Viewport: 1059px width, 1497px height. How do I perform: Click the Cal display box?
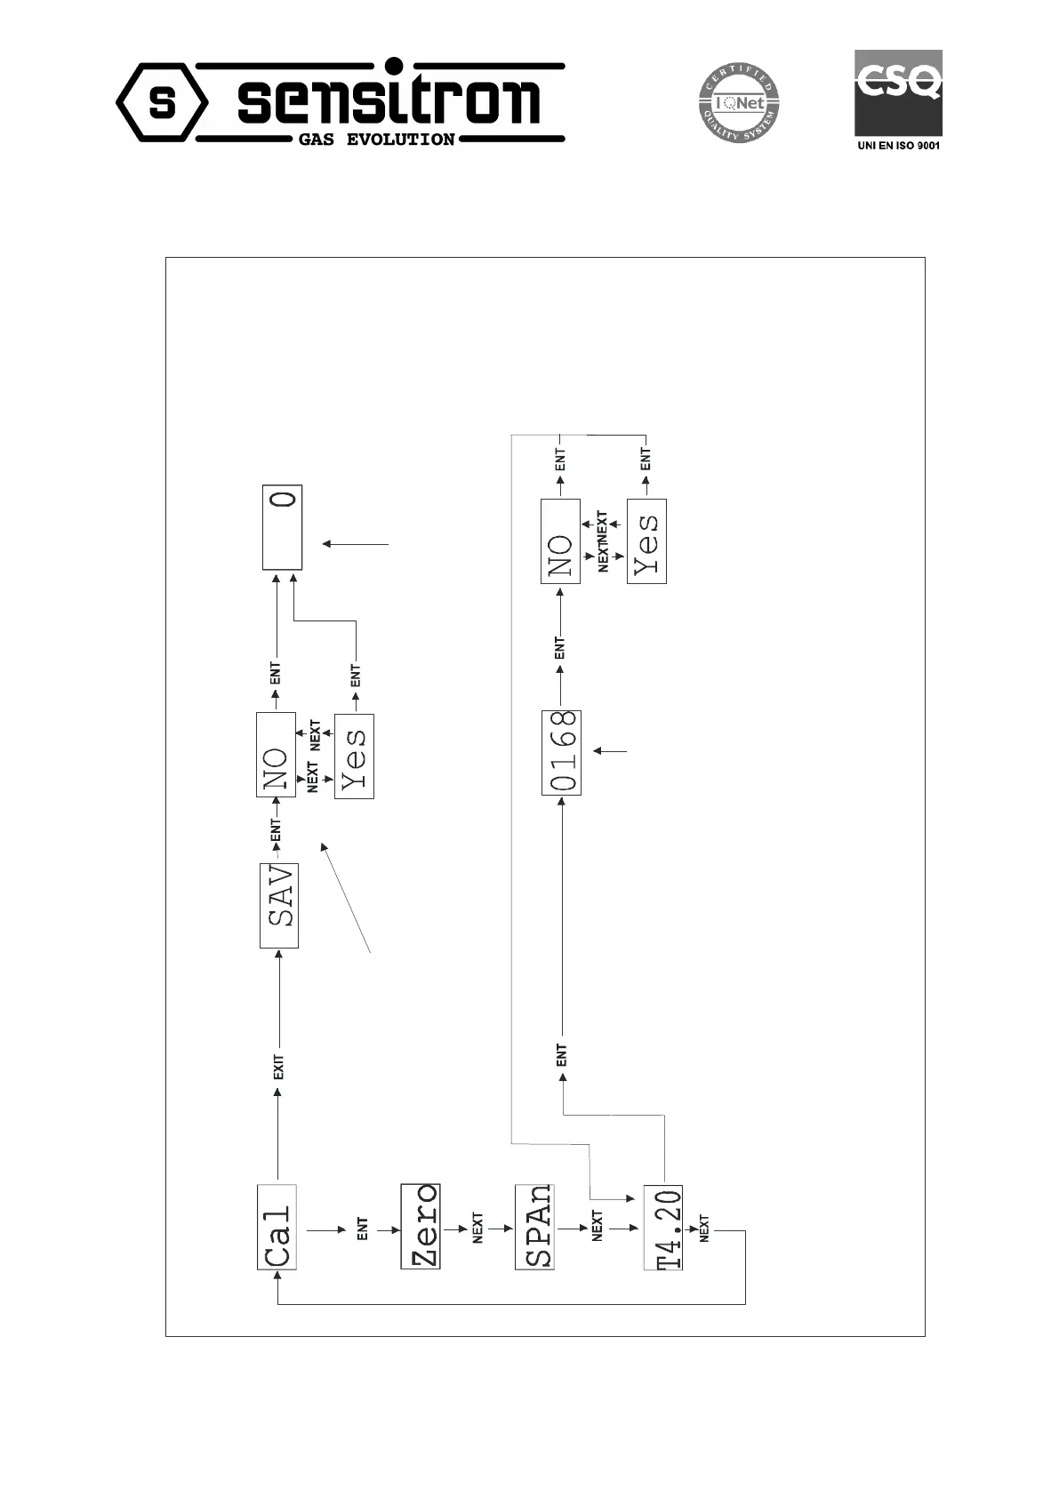[x=277, y=1227]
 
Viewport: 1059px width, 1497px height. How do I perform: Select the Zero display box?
[x=421, y=1226]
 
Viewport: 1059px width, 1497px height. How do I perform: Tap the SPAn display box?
[x=534, y=1226]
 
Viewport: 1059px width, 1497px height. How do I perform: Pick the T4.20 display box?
[x=663, y=1228]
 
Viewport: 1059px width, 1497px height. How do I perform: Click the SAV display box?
[x=279, y=905]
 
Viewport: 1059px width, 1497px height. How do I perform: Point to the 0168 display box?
[x=561, y=752]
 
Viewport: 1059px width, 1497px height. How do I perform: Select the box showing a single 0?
[x=283, y=527]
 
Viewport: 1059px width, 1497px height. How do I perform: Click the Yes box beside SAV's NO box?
[x=354, y=757]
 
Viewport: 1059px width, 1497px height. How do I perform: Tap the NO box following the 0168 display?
[x=560, y=541]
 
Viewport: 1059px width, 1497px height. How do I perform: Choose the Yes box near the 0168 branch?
[x=646, y=541]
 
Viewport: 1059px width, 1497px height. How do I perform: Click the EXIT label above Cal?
[x=278, y=1068]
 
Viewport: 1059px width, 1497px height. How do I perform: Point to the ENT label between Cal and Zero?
[x=363, y=1229]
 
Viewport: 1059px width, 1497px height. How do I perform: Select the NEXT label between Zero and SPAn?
[x=477, y=1228]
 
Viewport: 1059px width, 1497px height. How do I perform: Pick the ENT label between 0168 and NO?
[x=560, y=648]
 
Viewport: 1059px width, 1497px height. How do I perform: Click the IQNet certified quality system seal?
[x=737, y=103]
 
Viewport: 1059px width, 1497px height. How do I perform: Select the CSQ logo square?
[x=898, y=92]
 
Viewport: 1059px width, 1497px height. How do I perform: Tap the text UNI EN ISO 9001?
[x=898, y=146]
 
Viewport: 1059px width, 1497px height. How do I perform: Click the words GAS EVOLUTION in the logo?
[x=376, y=140]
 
